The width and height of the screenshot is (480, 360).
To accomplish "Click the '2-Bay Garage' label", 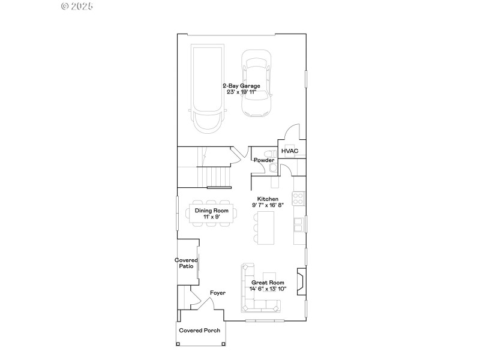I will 241,86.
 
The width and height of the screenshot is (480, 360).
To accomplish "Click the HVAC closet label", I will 290,151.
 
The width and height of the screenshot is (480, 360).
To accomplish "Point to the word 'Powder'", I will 264,160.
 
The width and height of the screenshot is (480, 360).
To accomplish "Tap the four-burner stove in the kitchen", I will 298,197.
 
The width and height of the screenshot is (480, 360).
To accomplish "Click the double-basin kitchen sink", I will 298,224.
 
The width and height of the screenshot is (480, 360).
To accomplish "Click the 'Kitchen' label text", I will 268,199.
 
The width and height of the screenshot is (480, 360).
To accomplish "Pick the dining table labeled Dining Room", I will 211,214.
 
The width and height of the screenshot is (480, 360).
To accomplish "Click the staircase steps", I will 217,176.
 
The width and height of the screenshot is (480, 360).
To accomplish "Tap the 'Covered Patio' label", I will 186,263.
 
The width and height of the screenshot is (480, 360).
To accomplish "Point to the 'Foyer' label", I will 217,293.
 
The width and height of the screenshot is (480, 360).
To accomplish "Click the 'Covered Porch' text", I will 200,331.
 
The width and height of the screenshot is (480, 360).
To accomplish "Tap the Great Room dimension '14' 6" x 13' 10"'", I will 268,289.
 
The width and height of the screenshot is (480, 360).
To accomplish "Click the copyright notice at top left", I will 77,6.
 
